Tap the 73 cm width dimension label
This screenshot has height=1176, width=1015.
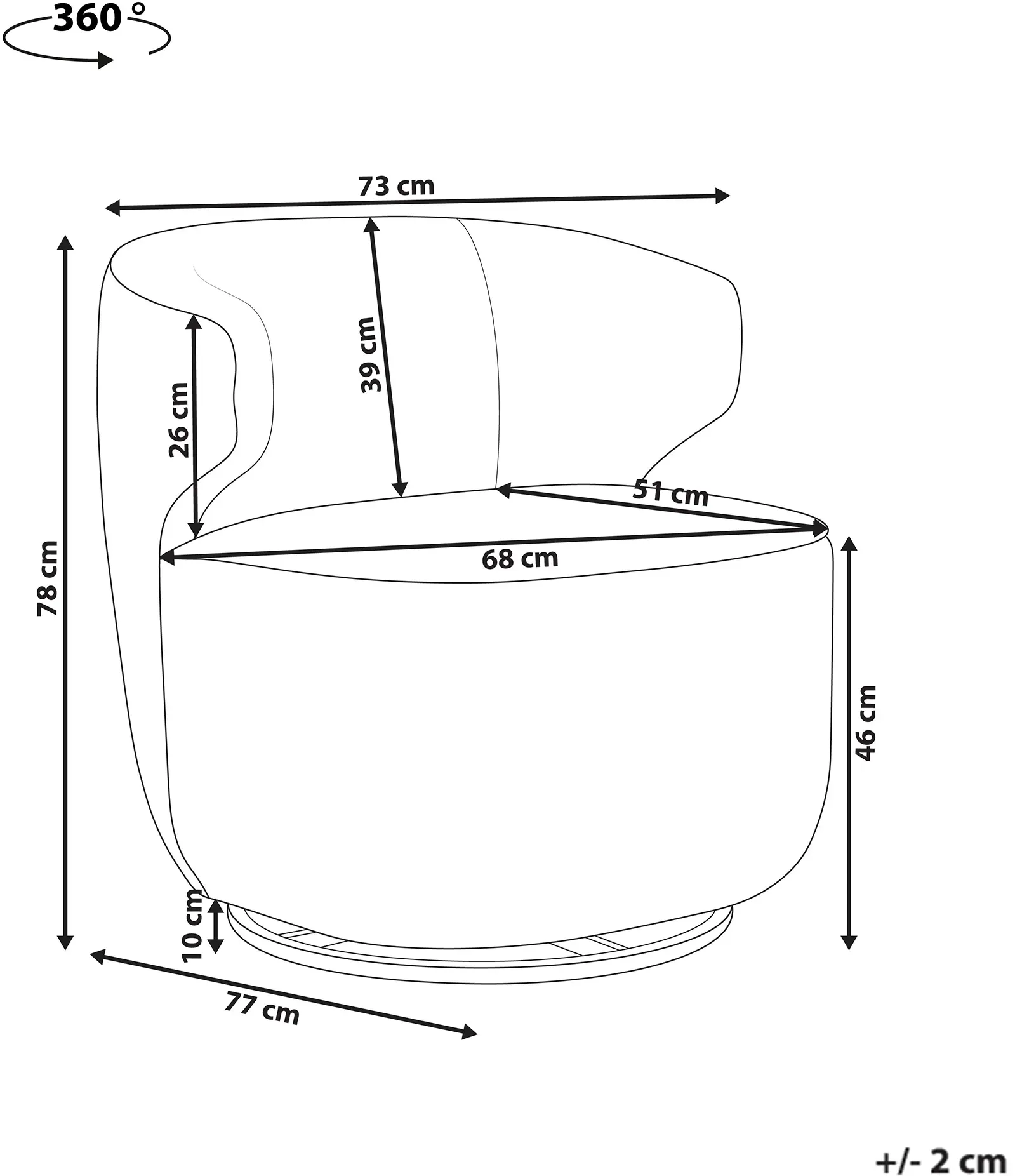(x=396, y=186)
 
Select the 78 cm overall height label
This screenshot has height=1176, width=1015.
(x=48, y=578)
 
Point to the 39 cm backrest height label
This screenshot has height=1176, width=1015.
(x=369, y=355)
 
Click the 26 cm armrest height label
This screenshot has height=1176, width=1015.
(x=179, y=420)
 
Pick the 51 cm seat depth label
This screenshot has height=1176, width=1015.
(x=671, y=493)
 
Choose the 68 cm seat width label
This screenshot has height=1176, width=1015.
(x=520, y=558)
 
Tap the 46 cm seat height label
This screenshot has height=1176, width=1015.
(x=866, y=723)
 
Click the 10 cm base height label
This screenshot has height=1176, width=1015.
(x=192, y=926)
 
